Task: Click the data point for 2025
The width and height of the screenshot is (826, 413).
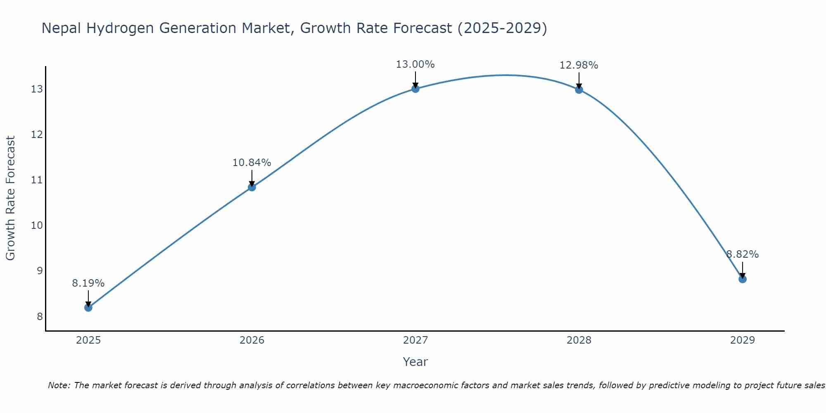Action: tap(88, 308)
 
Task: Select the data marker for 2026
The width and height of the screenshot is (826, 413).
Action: tap(252, 187)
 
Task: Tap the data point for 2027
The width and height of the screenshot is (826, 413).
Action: tap(415, 89)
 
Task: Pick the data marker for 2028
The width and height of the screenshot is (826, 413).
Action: tap(579, 90)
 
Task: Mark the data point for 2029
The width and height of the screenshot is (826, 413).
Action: tap(743, 279)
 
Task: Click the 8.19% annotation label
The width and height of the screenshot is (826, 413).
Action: tap(88, 283)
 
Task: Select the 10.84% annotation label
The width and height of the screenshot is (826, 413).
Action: tap(252, 163)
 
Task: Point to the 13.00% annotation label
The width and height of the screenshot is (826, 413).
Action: tap(415, 64)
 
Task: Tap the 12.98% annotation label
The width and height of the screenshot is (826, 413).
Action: tap(579, 65)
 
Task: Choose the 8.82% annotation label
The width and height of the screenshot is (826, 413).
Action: tap(743, 254)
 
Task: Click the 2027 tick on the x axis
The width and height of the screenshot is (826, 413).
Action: tap(415, 340)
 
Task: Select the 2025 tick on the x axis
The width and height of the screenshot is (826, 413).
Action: tap(88, 340)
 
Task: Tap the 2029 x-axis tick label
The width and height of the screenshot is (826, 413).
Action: tap(743, 340)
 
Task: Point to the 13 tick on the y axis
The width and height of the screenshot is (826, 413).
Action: tap(37, 89)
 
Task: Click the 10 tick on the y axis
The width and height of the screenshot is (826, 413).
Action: tap(37, 225)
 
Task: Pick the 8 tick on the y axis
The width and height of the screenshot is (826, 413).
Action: tap(40, 316)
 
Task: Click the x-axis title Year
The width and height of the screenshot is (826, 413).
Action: tap(415, 362)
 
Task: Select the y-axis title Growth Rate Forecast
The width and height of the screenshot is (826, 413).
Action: tap(11, 198)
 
